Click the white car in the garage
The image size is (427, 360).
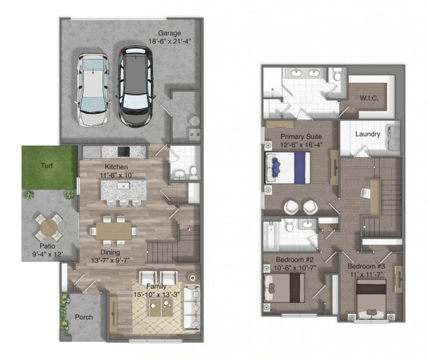tap(93, 89)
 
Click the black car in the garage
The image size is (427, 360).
tap(136, 87)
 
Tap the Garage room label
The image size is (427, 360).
tap(169, 33)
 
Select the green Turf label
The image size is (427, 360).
tap(47, 166)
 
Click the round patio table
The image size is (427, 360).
tap(49, 227)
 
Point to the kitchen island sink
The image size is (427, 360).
tap(124, 186)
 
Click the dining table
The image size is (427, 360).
tap(114, 231)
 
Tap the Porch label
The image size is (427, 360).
tap(84, 317)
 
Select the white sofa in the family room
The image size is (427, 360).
tap(192, 307)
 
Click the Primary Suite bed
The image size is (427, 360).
tap(288, 168)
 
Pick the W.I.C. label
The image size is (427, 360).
tap(370, 98)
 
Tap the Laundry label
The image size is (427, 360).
tap(368, 134)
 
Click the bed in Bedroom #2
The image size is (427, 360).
tap(284, 288)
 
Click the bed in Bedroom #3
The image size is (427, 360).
tap(372, 299)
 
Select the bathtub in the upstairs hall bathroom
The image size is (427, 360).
tap(270, 235)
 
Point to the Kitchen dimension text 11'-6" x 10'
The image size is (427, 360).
tap(116, 175)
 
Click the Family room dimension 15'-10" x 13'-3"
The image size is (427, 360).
tap(156, 295)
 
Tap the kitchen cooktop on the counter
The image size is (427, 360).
tap(124, 152)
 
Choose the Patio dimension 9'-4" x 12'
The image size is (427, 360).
tap(47, 254)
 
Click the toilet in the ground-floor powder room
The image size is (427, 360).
tap(193, 173)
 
